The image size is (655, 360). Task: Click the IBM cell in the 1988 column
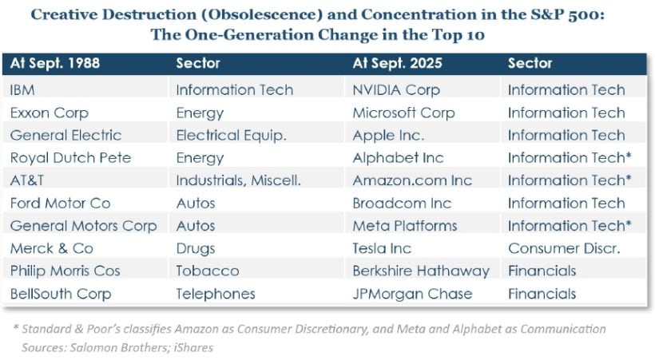pyautogui.click(x=23, y=90)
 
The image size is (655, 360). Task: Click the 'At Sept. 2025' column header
pyautogui.click(x=396, y=63)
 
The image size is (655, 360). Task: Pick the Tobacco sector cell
pyautogui.click(x=207, y=271)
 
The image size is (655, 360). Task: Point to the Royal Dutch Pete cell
pyautogui.click(x=65, y=158)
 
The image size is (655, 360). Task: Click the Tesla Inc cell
pyautogui.click(x=383, y=249)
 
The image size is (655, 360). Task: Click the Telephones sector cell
pyautogui.click(x=215, y=295)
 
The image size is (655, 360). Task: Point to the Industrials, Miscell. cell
pyautogui.click(x=238, y=181)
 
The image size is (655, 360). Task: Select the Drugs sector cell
pyautogui.click(x=196, y=249)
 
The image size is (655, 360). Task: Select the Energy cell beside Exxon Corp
pyautogui.click(x=200, y=113)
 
